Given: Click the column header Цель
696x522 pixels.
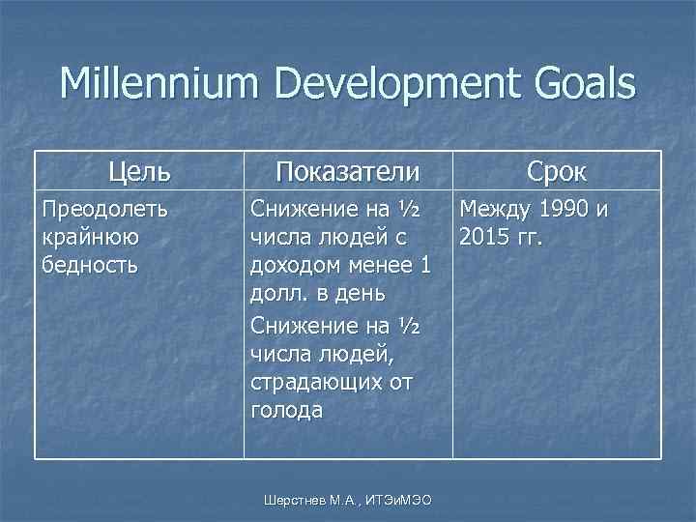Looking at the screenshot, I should (x=140, y=172).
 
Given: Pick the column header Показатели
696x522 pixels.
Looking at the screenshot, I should (x=348, y=172).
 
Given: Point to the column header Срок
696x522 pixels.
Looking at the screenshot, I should (x=557, y=172).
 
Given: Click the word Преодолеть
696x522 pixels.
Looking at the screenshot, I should (x=103, y=208).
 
